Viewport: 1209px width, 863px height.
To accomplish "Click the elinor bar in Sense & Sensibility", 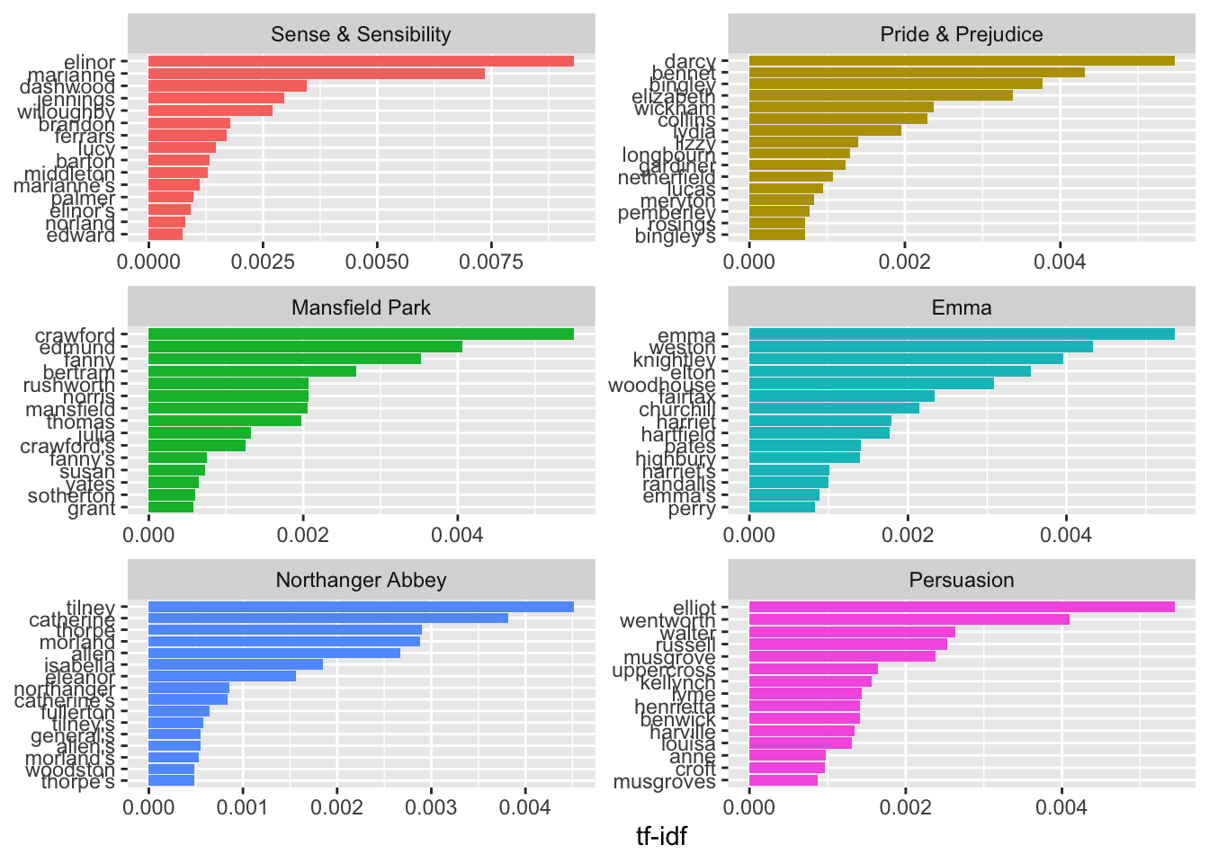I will coord(360,61).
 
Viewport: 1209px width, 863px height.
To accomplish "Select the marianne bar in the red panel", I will coord(316,74).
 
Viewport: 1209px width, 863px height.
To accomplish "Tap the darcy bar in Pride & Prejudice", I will coord(961,60).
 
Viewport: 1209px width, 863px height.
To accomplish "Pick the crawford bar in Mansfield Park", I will coord(360,334).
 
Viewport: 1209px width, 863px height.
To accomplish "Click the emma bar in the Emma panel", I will coord(961,334).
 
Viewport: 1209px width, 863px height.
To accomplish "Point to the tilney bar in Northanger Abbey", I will coord(360,607).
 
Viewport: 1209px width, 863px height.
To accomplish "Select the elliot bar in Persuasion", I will coord(961,607).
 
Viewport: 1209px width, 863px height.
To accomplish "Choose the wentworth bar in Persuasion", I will coord(909,619).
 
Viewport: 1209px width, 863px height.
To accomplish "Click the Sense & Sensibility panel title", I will coord(361,34).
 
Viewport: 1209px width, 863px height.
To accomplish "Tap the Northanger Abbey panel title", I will coord(361,580).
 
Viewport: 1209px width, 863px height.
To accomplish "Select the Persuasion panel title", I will coord(962,580).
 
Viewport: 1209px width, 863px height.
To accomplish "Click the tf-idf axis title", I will coord(661,837).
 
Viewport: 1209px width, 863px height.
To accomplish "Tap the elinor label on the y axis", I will coord(90,62).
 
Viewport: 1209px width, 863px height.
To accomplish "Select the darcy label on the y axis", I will coord(690,61).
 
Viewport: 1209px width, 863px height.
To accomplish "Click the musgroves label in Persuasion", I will coord(664,781).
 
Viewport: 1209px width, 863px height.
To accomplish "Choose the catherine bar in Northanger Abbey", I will coord(327,618).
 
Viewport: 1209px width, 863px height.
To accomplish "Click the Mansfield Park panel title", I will coord(361,307).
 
